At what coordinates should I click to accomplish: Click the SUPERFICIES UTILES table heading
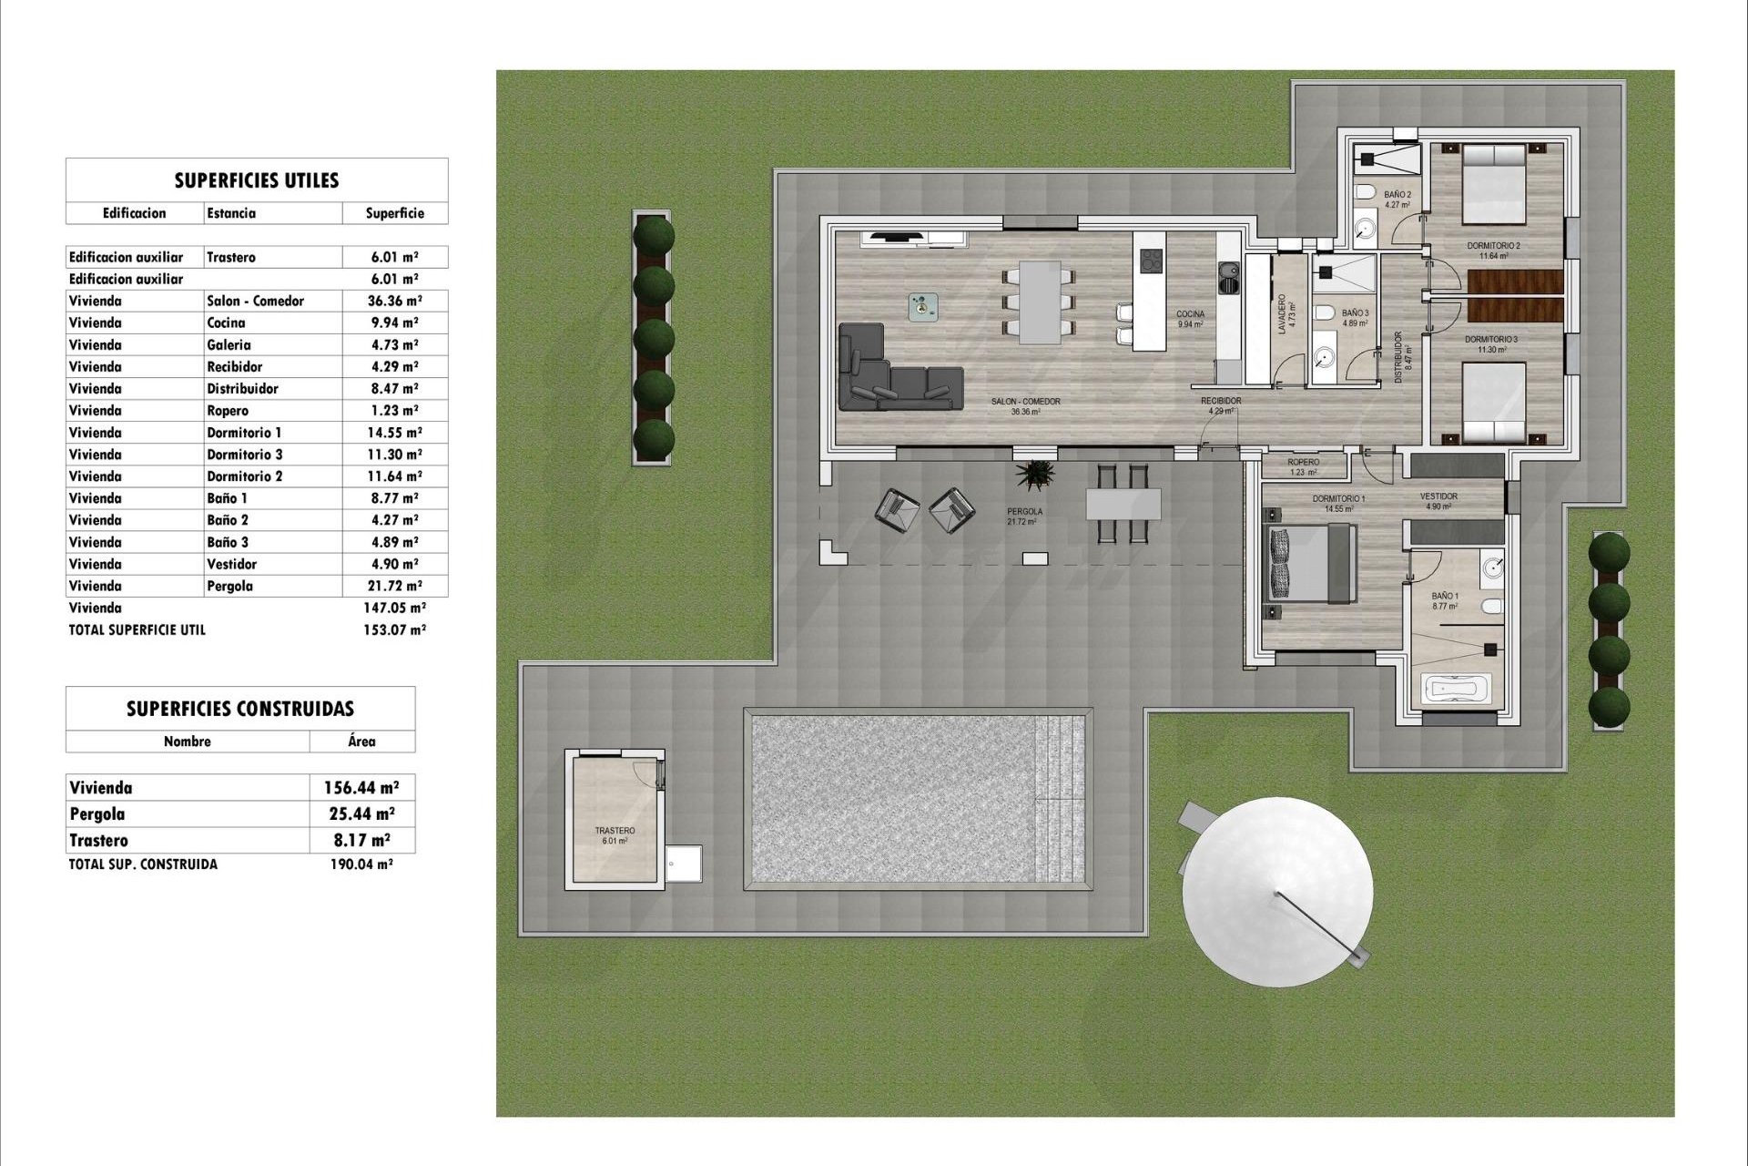click(x=256, y=179)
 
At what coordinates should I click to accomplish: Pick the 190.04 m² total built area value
click(x=361, y=864)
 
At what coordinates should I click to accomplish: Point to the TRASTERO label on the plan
click(x=615, y=831)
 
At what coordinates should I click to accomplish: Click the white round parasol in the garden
click(x=1277, y=891)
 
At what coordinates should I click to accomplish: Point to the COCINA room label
click(x=1190, y=314)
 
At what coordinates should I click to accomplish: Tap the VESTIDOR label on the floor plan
click(x=1439, y=496)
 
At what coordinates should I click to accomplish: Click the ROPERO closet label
click(x=1304, y=463)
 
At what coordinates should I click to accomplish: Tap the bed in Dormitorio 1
click(x=1311, y=565)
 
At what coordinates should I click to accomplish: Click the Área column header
click(x=361, y=742)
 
